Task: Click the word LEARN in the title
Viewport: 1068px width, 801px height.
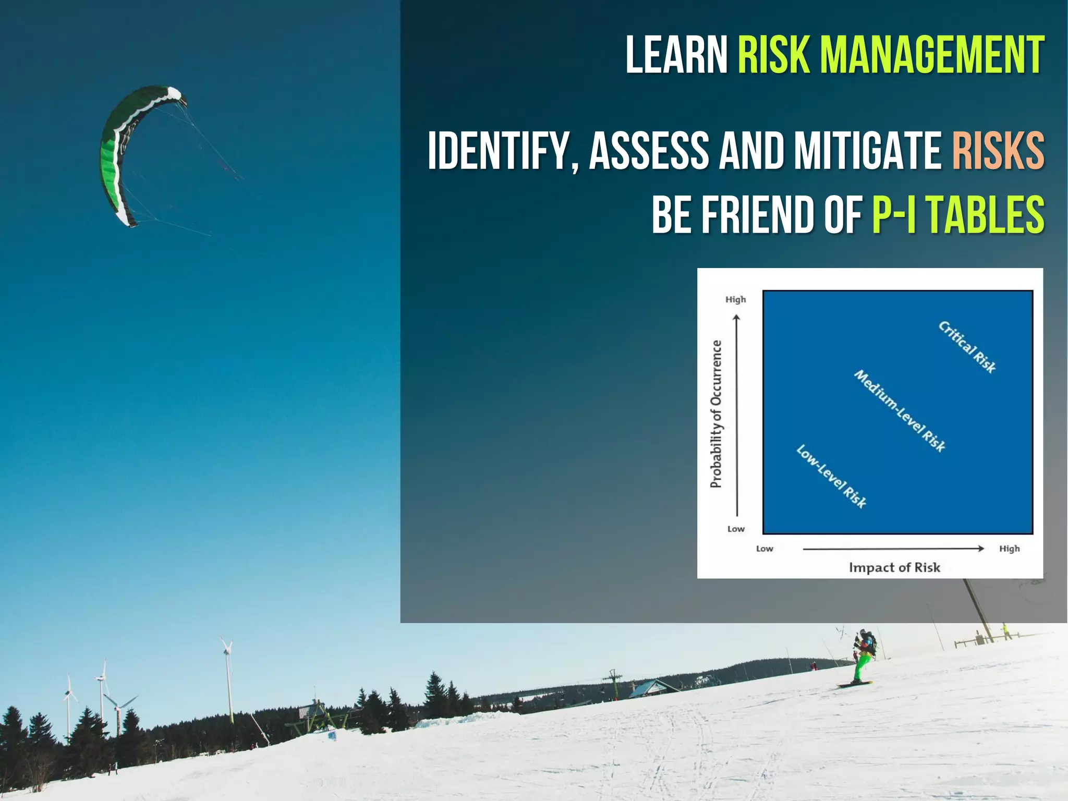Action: pyautogui.click(x=676, y=55)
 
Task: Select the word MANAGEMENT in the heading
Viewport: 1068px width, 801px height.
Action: pyautogui.click(x=932, y=55)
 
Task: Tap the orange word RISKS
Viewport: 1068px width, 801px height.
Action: pyautogui.click(x=998, y=151)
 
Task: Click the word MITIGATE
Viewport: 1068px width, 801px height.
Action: pyautogui.click(x=867, y=151)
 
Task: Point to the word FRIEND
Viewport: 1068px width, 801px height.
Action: pyautogui.click(x=757, y=215)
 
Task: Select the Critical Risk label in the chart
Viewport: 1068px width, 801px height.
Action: pyautogui.click(x=967, y=347)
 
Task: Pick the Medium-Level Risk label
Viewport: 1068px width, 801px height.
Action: pyautogui.click(x=900, y=411)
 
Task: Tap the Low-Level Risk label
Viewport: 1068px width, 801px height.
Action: pyautogui.click(x=831, y=477)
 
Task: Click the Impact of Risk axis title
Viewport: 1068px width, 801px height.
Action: pyautogui.click(x=894, y=567)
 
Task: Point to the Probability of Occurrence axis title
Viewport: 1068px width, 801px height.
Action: pyautogui.click(x=717, y=414)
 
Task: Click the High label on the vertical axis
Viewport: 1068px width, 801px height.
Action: pyautogui.click(x=735, y=299)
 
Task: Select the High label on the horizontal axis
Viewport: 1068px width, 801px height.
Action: pyautogui.click(x=1009, y=549)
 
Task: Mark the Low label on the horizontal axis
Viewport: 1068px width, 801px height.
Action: pyautogui.click(x=764, y=549)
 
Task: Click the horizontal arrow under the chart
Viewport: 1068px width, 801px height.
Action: pyautogui.click(x=893, y=549)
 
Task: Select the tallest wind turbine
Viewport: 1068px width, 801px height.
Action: pyautogui.click(x=228, y=678)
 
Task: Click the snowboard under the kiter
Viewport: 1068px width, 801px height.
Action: pyautogui.click(x=854, y=684)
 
